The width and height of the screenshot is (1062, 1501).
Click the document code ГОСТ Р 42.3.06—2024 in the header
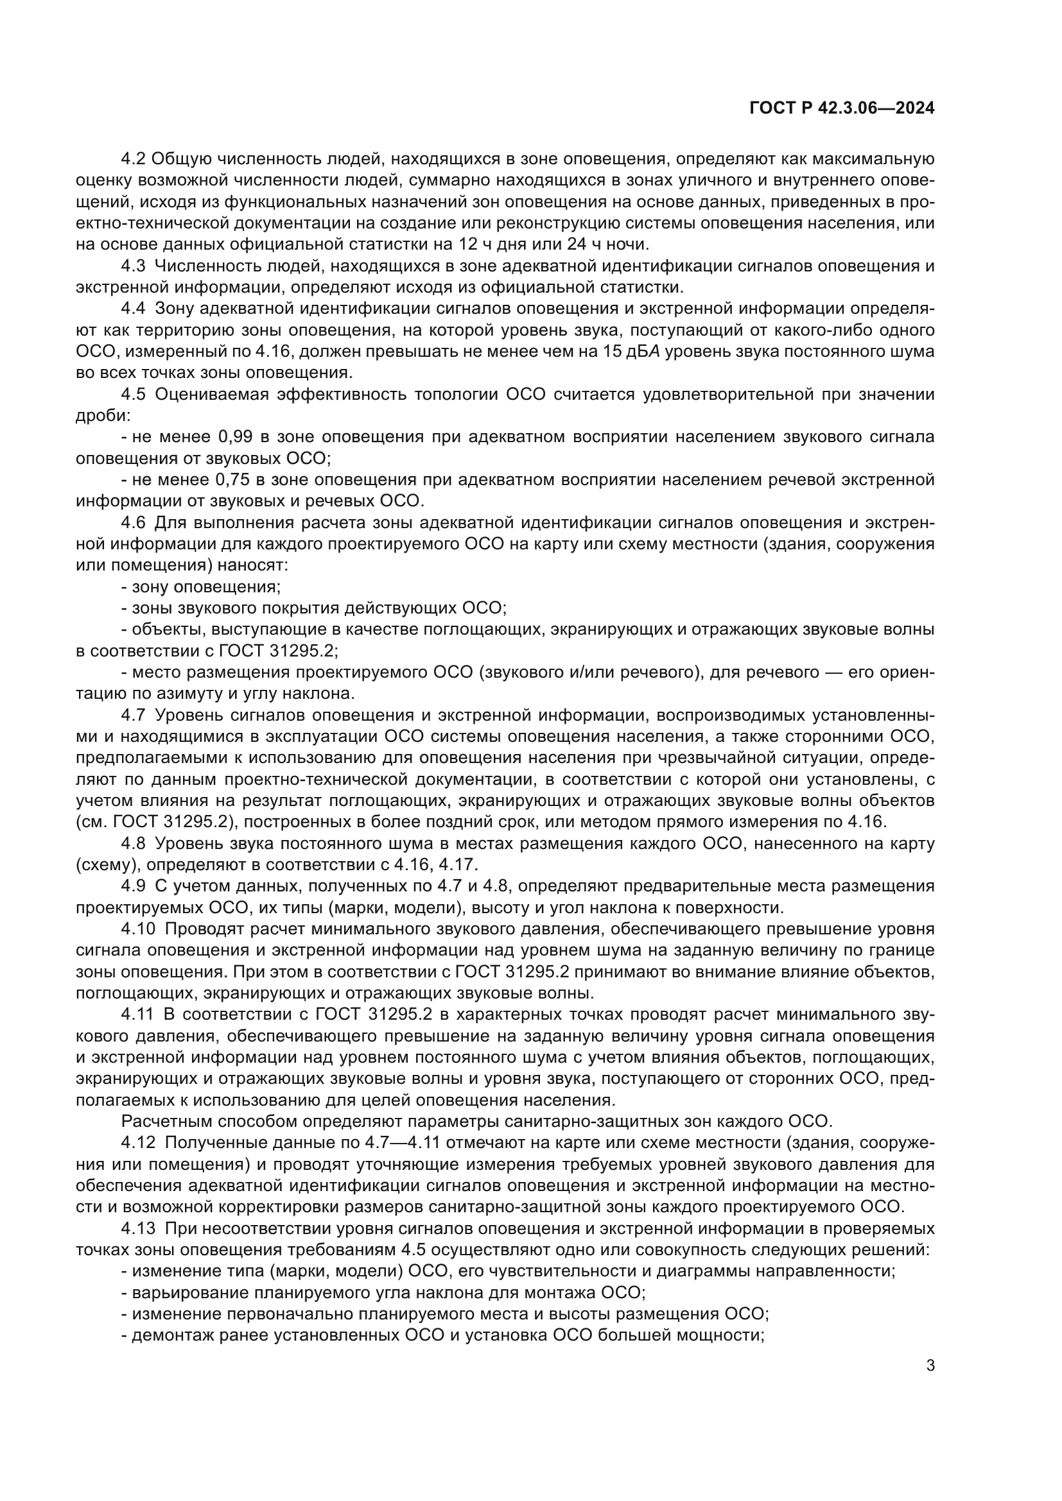[x=842, y=108]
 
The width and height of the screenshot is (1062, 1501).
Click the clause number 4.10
[x=138, y=929]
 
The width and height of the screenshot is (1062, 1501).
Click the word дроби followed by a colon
[x=101, y=416]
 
